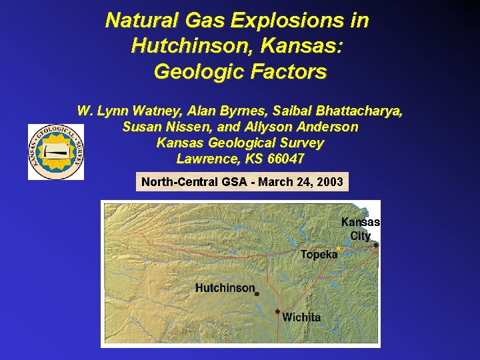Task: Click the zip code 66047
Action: pos(285,159)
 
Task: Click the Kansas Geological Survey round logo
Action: pos(56,151)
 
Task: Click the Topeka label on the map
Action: pos(319,255)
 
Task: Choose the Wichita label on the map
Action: pos(301,317)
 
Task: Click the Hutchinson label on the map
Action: pos(225,288)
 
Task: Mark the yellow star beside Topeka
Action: pos(338,249)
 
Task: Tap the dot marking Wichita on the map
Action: pos(278,311)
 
